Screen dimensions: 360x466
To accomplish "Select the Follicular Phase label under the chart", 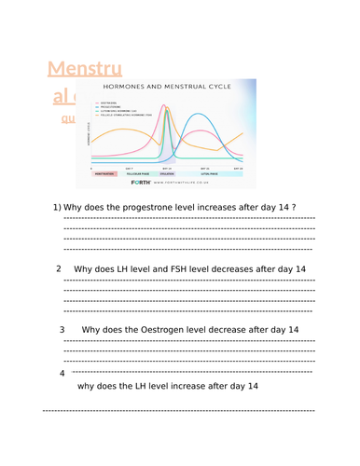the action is [140, 172].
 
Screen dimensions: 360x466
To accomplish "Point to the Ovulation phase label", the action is [169, 172].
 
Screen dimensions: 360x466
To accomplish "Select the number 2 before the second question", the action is [59, 268].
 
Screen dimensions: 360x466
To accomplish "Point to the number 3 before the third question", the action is [62, 329].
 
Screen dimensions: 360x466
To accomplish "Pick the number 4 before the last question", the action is [62, 373].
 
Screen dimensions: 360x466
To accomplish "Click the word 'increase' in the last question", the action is [186, 386].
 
